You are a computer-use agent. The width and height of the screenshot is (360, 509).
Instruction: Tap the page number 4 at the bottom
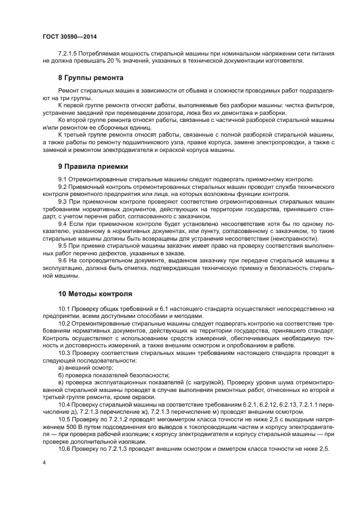44,462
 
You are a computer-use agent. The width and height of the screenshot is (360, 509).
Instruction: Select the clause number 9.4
62,224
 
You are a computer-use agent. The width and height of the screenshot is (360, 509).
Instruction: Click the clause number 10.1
64,309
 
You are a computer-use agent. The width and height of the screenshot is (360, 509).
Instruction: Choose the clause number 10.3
64,353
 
